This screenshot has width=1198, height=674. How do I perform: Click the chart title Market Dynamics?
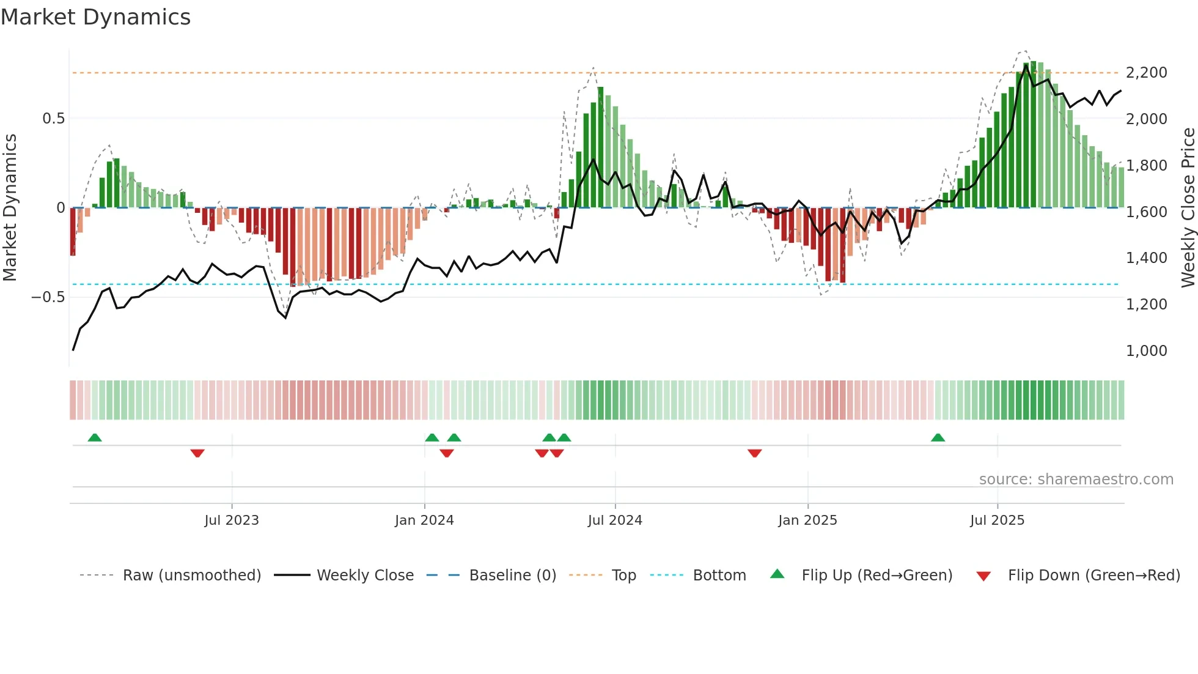(x=95, y=17)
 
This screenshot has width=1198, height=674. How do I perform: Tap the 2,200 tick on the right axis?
(x=1146, y=73)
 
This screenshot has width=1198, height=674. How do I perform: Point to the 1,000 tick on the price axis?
(x=1146, y=351)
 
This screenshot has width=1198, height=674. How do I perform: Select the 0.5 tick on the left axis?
(x=53, y=119)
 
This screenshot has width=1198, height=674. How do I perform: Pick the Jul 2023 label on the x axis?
(x=232, y=520)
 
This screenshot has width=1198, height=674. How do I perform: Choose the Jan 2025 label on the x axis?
(x=807, y=520)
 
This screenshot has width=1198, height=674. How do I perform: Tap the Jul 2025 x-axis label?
(x=997, y=520)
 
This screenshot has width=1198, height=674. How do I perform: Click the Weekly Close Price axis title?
(x=1188, y=208)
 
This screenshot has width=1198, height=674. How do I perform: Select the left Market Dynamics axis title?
(x=10, y=208)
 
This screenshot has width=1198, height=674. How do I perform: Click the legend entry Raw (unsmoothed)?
(x=191, y=576)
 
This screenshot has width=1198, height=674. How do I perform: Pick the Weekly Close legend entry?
(x=365, y=576)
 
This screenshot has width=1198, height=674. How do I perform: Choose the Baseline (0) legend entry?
(x=512, y=576)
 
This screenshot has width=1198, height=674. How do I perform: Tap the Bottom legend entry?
(x=719, y=576)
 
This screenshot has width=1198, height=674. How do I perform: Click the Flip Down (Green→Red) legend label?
(x=1093, y=576)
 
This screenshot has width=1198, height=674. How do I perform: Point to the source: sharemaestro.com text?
(x=1076, y=480)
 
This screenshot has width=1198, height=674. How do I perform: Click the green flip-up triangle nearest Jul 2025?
(x=938, y=437)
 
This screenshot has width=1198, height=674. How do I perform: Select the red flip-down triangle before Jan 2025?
(x=754, y=453)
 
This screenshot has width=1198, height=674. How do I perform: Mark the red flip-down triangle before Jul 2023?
(x=197, y=453)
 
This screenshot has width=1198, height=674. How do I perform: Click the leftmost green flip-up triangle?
(x=94, y=437)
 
